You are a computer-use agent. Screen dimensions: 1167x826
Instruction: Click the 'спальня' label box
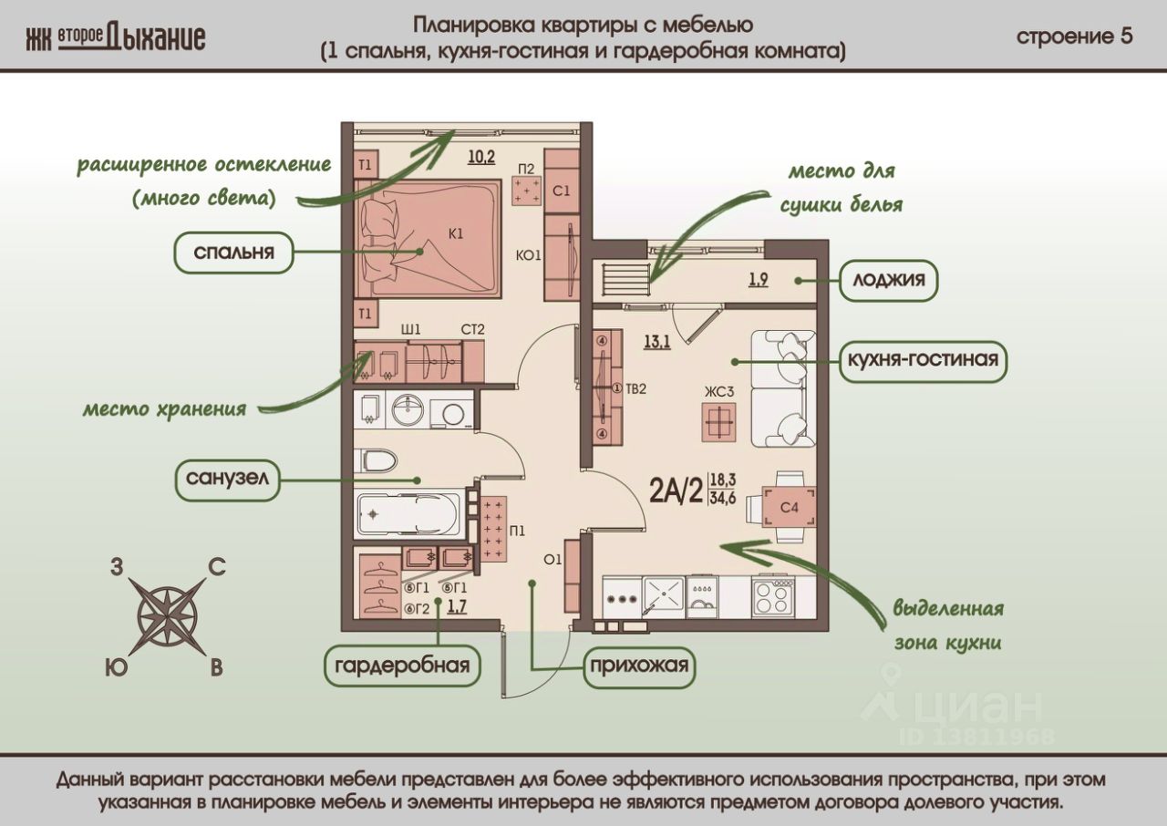coord(233,253)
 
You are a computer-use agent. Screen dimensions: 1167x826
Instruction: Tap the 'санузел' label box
coord(228,480)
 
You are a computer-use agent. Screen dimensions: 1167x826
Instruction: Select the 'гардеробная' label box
coord(401,664)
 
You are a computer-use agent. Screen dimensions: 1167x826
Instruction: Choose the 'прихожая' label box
coord(638,664)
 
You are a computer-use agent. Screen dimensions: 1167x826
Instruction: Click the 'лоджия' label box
coord(888,280)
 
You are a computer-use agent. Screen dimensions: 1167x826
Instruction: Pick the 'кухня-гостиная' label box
coord(923,359)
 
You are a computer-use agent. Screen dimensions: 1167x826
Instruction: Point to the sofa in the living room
coord(780,388)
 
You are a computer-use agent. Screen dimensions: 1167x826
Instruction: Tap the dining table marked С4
coord(780,507)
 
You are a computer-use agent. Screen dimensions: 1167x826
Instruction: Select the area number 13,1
coord(657,342)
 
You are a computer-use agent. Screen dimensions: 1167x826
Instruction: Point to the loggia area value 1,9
coord(758,279)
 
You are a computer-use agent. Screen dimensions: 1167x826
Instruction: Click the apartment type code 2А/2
coord(676,492)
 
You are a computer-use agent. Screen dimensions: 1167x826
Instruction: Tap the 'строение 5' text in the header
coord(1074,36)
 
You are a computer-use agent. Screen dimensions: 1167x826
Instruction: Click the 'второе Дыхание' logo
coord(116,37)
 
